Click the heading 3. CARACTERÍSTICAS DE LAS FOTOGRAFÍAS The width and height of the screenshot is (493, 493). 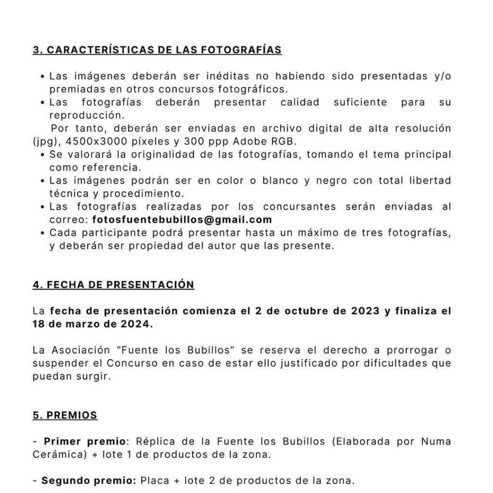point(157,50)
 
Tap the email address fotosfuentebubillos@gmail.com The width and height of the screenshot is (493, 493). point(182,220)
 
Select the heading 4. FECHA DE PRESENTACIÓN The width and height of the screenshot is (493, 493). point(113,285)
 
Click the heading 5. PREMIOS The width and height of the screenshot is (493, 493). point(65,415)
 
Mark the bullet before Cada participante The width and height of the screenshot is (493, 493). point(44,233)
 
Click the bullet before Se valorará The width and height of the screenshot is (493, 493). point(44,155)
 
